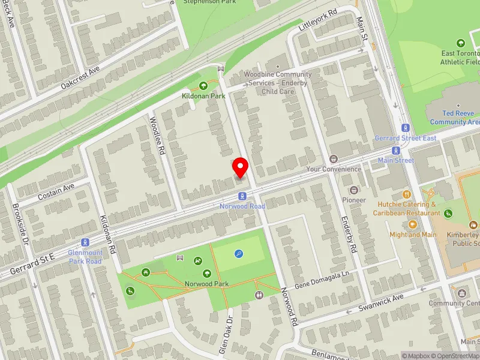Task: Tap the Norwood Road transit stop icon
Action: tap(242, 196)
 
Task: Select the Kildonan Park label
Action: tap(203, 95)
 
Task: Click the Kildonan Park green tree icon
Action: tap(203, 86)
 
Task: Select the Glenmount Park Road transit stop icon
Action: tap(85, 243)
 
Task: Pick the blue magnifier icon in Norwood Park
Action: tap(239, 254)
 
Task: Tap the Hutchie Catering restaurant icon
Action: tap(407, 194)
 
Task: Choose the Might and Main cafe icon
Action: tap(413, 224)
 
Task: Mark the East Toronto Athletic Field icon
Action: tap(461, 43)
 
